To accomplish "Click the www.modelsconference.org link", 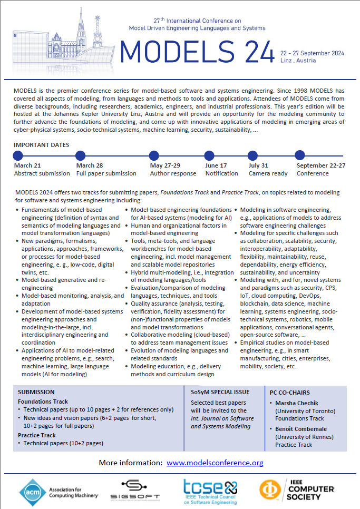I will point(215,463).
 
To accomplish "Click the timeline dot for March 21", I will point(18,155).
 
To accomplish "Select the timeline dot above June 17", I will point(210,155).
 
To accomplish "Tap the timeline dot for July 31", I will point(254,155).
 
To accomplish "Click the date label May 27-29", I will point(165,165).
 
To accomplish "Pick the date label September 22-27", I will point(321,165).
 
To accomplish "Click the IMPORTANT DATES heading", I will point(42,144).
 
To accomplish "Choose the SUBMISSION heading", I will point(36,392).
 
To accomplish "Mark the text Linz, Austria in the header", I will point(298,61).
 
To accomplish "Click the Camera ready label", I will point(268,173).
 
